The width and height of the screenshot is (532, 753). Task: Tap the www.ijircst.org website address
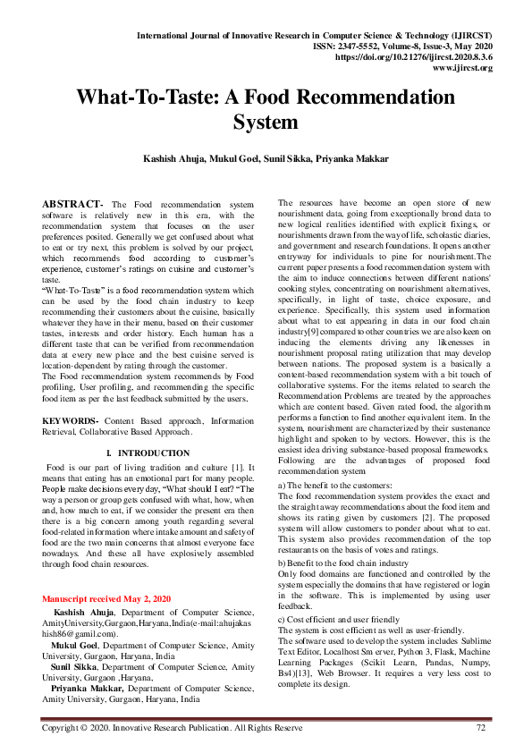pyautogui.click(x=462, y=68)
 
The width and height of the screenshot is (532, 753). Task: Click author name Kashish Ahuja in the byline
pyautogui.click(x=190, y=158)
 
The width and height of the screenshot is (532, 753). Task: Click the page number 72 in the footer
pyautogui.click(x=480, y=729)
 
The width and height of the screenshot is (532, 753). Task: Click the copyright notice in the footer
pyautogui.click(x=173, y=729)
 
